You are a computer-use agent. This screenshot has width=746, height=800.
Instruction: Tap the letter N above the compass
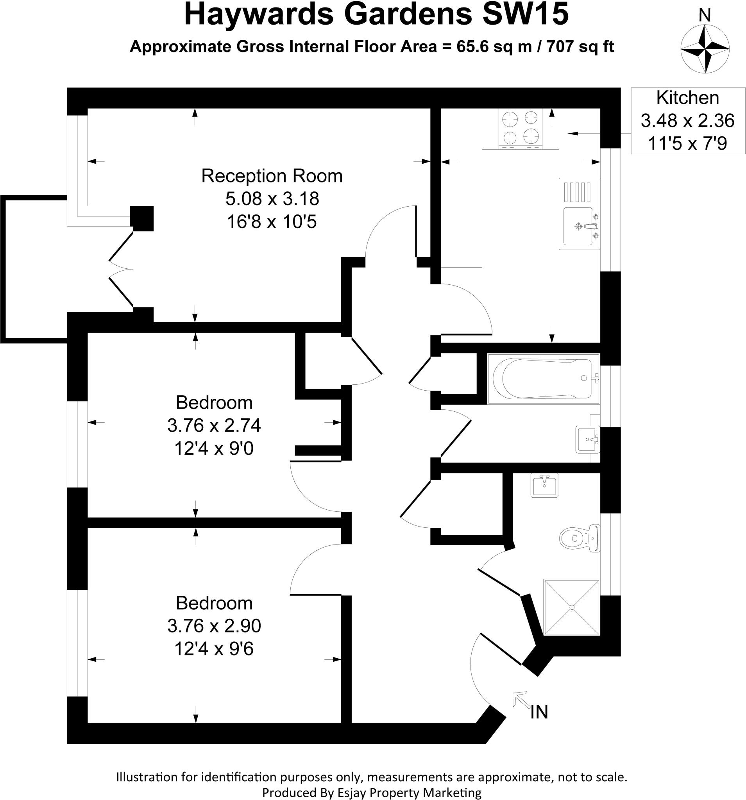tap(705, 15)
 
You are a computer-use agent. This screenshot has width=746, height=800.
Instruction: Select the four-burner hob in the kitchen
tap(520, 128)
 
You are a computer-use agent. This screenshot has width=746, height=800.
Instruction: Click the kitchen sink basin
tap(578, 226)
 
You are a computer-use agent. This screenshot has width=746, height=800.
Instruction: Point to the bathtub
tap(544, 378)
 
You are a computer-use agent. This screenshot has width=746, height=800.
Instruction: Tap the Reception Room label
tap(272, 176)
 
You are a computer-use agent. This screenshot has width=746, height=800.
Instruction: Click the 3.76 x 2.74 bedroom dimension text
tap(214, 425)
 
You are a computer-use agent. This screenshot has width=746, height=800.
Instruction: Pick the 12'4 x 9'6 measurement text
tap(214, 649)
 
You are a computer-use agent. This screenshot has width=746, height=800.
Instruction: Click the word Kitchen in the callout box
tap(687, 98)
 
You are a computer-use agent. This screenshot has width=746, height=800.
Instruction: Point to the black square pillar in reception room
tap(142, 218)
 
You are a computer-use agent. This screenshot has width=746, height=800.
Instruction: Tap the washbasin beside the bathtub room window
tap(587, 439)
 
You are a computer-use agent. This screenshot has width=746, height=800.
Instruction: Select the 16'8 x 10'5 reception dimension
tap(272, 222)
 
